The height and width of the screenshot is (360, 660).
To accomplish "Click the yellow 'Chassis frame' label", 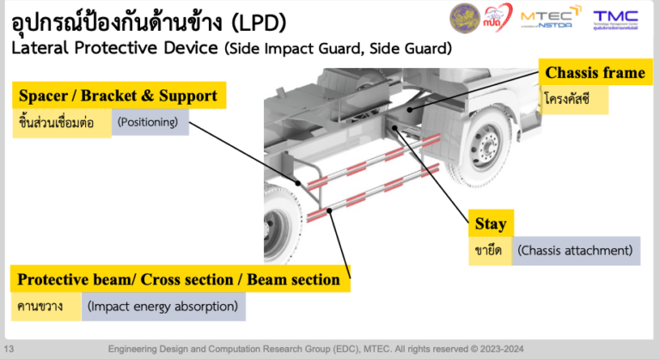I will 595,73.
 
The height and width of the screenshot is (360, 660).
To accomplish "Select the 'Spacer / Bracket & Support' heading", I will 118,95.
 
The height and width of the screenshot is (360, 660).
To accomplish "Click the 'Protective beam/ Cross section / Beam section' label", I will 179,279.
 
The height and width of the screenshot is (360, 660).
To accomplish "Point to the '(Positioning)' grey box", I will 150,123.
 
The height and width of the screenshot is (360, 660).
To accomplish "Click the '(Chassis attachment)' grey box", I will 576,251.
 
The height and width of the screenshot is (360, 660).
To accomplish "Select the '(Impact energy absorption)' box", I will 163,307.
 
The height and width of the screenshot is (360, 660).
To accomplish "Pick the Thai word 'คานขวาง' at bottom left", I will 40,307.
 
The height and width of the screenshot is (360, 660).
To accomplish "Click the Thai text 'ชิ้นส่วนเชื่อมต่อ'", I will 61,123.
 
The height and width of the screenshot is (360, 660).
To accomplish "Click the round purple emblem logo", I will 465,18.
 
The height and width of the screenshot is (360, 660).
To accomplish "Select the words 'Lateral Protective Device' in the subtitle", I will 113,48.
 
